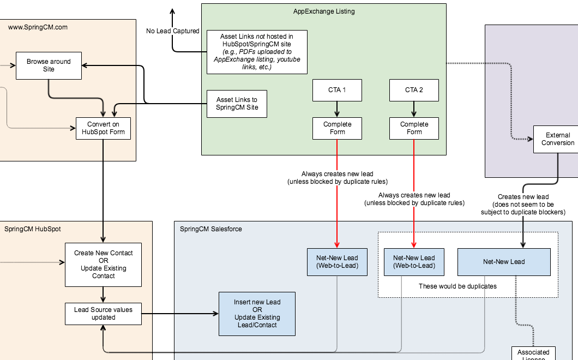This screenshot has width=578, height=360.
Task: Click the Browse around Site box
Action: tap(49, 65)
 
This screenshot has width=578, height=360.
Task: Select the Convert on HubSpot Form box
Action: tap(103, 128)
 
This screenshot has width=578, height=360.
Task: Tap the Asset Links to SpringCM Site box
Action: tap(237, 104)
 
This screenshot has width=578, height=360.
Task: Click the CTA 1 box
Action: tap(337, 90)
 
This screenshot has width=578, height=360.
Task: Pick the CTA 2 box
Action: tap(414, 90)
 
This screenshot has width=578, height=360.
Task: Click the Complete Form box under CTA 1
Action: tap(337, 128)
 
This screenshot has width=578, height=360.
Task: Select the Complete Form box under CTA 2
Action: tap(414, 128)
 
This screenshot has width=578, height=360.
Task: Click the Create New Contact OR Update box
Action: tap(103, 265)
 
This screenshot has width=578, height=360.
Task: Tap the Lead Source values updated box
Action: tap(103, 314)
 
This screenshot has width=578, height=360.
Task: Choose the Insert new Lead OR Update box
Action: tap(257, 314)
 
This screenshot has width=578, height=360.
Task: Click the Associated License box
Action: tap(533, 353)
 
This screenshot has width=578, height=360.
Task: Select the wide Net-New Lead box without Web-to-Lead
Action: tap(504, 262)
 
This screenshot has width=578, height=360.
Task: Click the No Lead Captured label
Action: tap(172, 31)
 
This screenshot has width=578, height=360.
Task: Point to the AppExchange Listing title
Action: tap(324, 11)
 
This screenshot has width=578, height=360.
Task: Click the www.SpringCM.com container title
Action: tap(38, 27)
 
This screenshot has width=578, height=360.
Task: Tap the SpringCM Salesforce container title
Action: tap(210, 229)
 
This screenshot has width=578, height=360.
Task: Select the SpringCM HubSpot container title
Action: tap(33, 229)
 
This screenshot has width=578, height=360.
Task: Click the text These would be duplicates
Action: tap(457, 286)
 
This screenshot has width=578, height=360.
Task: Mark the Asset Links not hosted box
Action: tap(257, 52)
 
